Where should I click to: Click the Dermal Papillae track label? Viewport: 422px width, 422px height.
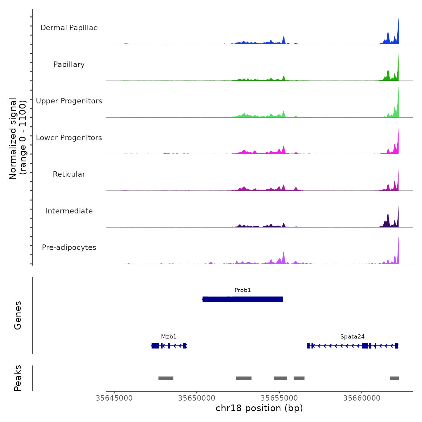tap(69, 28)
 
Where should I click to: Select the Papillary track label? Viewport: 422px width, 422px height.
tap(69, 65)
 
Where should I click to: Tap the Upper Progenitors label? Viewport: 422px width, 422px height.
tap(69, 101)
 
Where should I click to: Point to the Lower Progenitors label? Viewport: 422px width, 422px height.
tap(69, 138)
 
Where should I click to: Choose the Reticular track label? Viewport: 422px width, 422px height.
tap(69, 174)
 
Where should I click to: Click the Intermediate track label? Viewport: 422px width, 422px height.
tap(69, 211)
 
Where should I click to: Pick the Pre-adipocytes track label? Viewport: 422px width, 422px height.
tap(69, 247)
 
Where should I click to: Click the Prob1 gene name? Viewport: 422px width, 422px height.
tap(243, 290)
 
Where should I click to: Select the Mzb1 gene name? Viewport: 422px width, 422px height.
tap(169, 337)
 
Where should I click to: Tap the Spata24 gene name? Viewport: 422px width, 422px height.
tap(352, 337)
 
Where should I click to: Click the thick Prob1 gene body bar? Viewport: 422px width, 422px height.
tap(243, 299)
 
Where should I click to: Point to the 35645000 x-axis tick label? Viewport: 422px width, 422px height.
tap(114, 398)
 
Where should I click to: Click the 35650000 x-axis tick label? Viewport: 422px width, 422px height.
tap(197, 398)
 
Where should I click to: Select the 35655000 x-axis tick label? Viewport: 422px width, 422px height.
tap(279, 398)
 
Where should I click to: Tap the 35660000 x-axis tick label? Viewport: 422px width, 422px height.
tap(362, 398)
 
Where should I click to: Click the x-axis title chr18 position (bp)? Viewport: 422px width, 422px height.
tap(259, 408)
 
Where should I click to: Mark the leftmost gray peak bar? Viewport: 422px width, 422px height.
tap(166, 378)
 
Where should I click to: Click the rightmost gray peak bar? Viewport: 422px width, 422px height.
tap(394, 378)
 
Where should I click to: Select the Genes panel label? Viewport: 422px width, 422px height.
tap(18, 315)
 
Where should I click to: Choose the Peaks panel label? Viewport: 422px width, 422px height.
tap(18, 378)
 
